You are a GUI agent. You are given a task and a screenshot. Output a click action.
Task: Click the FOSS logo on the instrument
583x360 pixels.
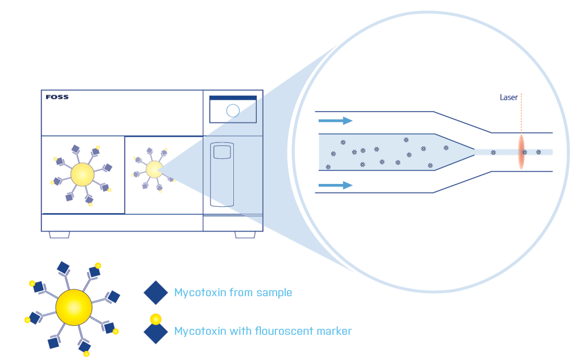click(x=57, y=97)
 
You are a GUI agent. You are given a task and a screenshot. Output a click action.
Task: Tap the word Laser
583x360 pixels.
click(x=508, y=97)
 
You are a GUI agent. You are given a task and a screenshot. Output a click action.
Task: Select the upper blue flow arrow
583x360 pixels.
click(x=335, y=121)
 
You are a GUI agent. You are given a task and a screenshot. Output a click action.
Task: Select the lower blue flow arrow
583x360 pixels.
click(x=335, y=185)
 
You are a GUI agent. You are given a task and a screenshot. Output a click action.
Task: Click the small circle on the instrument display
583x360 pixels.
click(x=233, y=111)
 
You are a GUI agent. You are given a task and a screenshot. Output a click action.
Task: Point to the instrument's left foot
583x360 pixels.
click(x=59, y=235)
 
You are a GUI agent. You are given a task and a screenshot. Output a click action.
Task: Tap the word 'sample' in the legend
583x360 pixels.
click(x=274, y=293)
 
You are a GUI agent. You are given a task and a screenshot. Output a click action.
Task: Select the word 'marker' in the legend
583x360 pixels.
click(x=333, y=330)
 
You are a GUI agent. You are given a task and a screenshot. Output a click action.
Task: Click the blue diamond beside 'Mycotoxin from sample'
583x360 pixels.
click(x=155, y=293)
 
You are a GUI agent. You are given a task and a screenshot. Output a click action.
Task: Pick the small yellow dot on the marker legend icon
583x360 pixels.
click(x=155, y=319)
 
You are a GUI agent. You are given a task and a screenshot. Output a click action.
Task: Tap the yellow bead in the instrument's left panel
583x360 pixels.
click(x=82, y=174)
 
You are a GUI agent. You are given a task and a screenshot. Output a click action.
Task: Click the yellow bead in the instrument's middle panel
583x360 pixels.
click(x=154, y=169)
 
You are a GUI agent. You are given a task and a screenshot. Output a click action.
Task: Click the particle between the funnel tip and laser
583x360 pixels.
click(x=493, y=152)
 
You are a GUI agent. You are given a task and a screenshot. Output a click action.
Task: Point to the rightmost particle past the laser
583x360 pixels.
click(x=538, y=152)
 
